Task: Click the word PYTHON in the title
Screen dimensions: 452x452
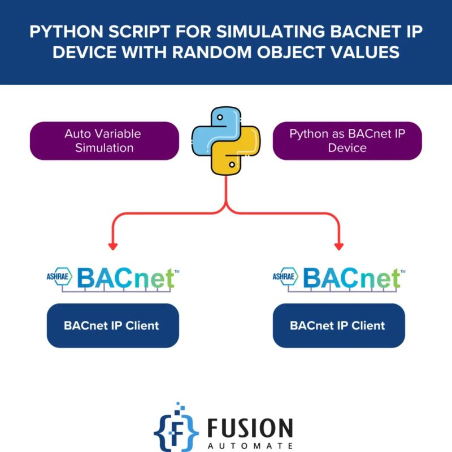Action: click(59, 32)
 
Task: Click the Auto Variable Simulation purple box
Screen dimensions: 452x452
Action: click(104, 141)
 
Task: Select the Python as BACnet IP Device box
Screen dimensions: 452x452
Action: click(347, 141)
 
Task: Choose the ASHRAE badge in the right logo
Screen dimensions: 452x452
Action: click(286, 276)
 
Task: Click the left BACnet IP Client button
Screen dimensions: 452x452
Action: click(112, 325)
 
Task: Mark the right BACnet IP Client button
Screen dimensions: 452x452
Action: click(338, 325)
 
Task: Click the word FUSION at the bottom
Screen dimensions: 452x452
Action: click(249, 428)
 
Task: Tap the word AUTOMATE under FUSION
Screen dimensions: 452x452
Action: click(249, 445)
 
